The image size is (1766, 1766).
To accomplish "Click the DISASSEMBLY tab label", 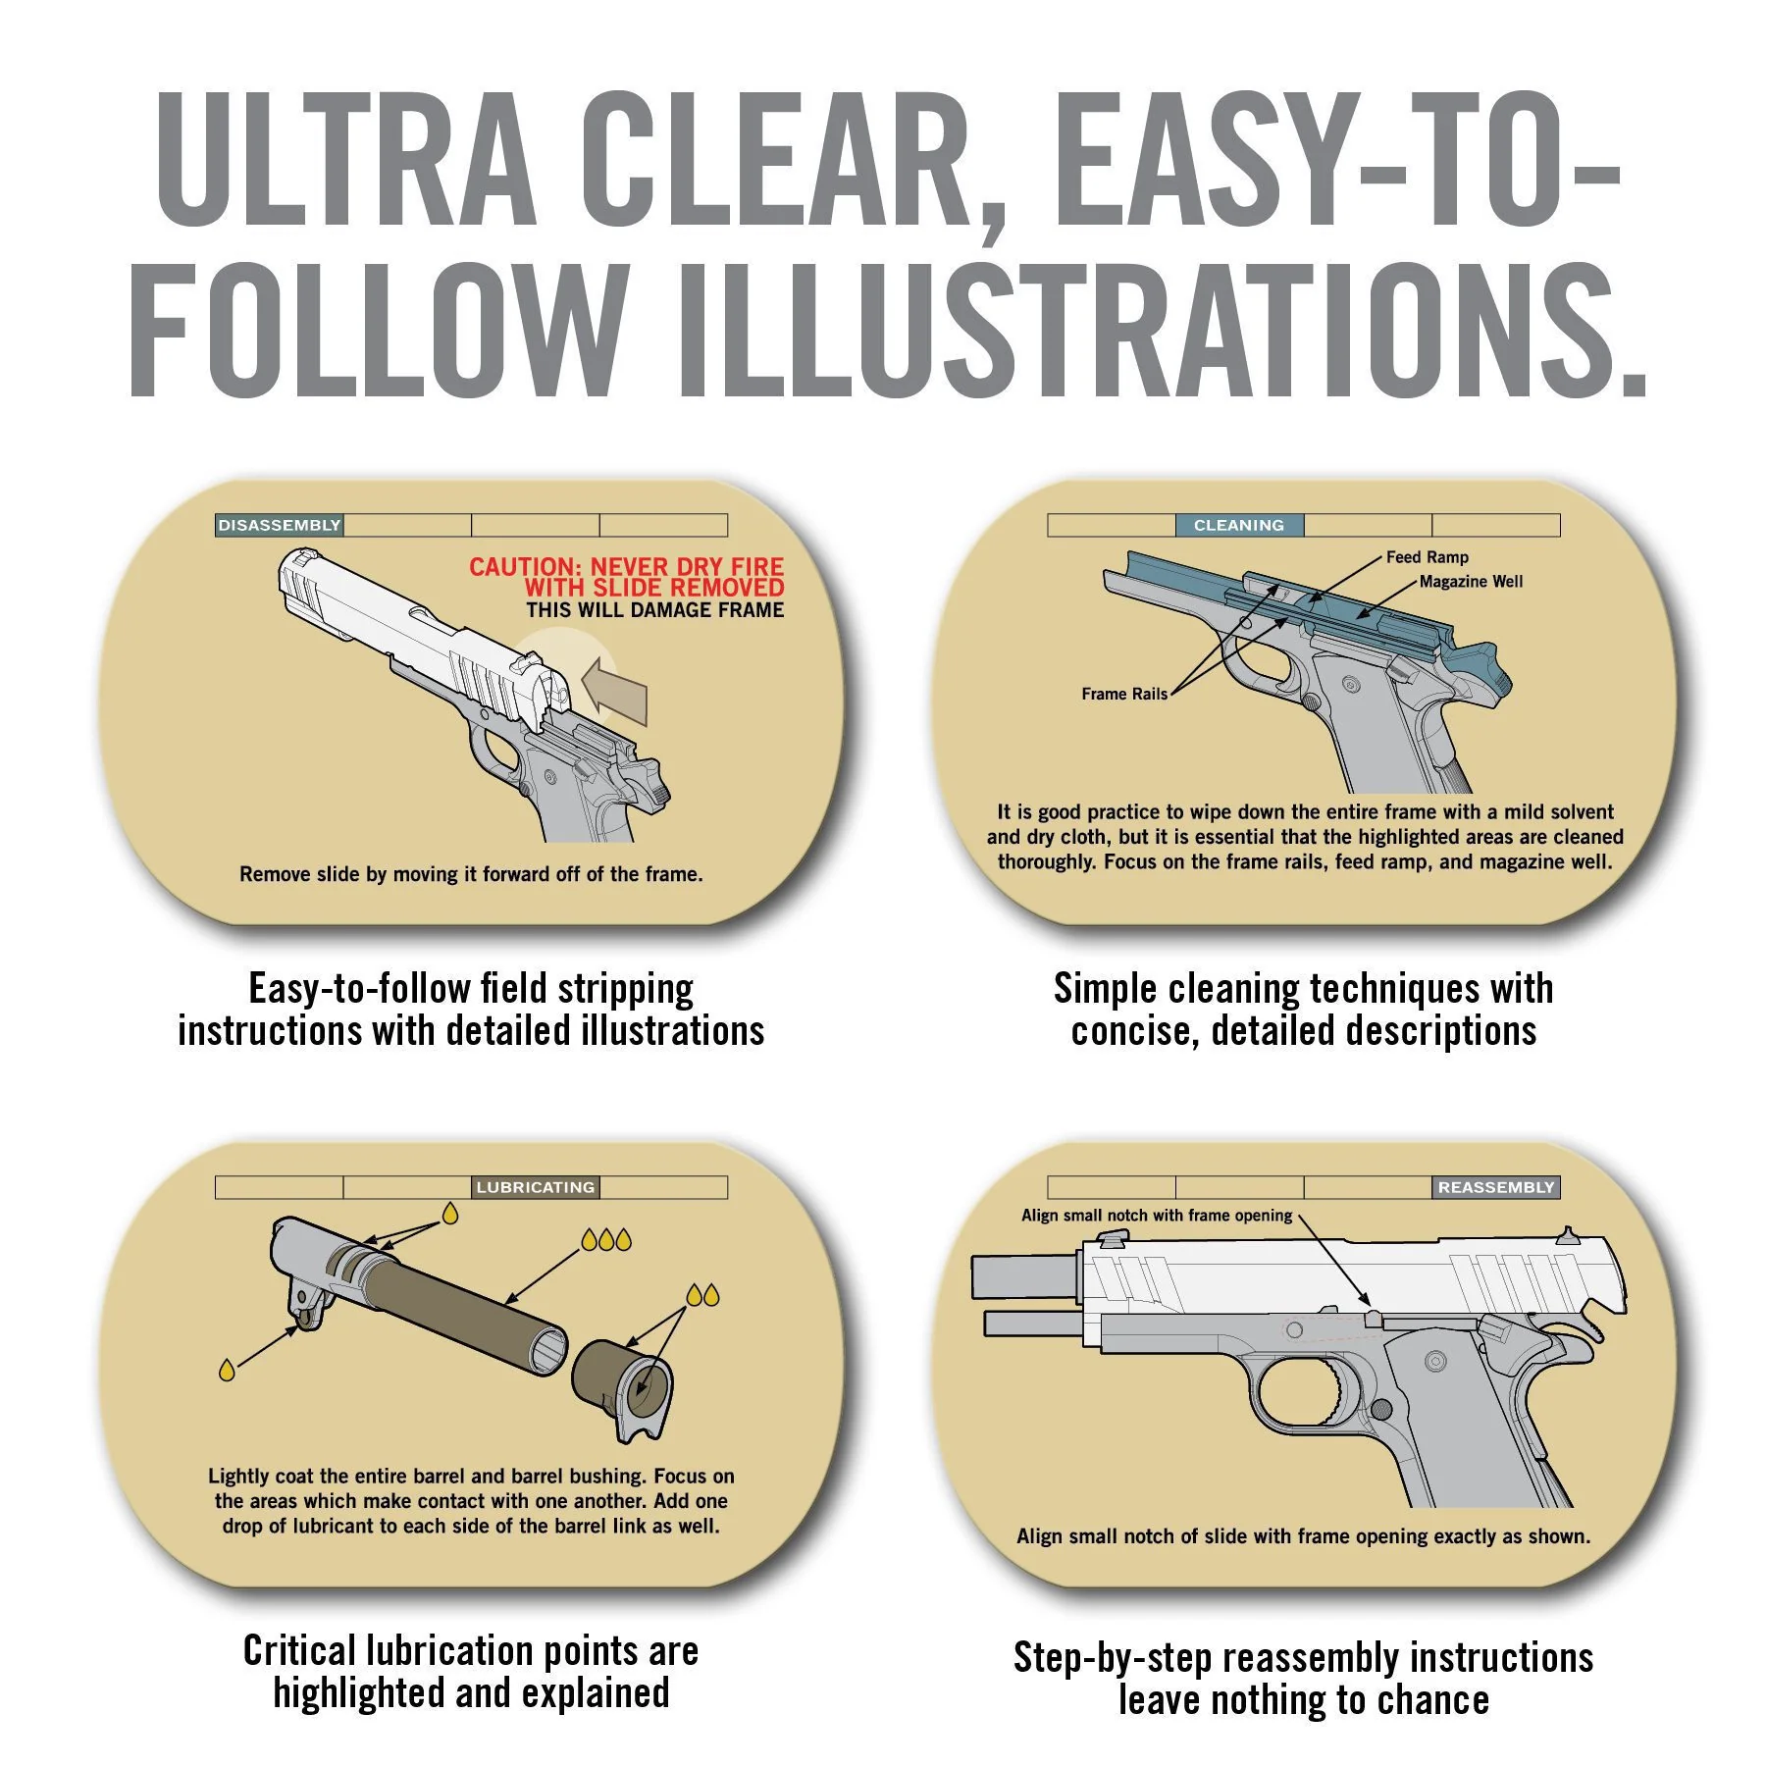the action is coord(280,525).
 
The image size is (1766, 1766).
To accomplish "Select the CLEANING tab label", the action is coord(1239,525).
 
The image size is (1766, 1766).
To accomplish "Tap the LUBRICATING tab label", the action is coord(536,1187).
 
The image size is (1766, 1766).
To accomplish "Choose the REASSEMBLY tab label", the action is coord(1496,1187).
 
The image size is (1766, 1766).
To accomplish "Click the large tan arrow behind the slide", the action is coord(615,691).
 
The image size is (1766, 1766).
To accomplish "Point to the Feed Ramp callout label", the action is coord(1428,557).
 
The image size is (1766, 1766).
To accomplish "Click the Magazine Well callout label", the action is coord(1471,582).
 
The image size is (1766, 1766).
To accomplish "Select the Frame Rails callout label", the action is coord(1124,694).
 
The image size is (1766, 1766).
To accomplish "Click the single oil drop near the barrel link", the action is coord(227,1370).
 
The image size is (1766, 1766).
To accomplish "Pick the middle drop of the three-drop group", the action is coord(606,1240).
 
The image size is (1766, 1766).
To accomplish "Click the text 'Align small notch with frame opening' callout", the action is coord(1157,1216).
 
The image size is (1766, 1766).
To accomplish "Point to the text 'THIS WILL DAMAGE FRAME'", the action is coord(654,610).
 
